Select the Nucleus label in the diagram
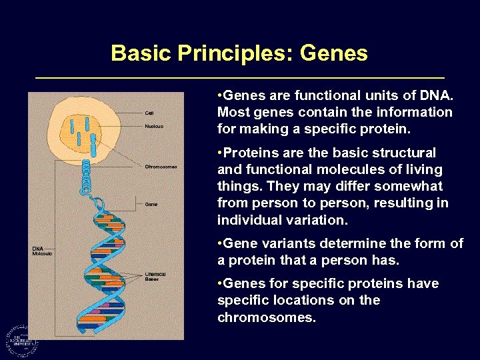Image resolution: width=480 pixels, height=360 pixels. [154, 126]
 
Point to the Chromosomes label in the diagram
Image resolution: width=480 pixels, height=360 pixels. [161, 167]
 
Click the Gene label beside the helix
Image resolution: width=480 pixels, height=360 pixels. [151, 204]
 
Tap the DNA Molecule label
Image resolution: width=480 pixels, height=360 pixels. [42, 251]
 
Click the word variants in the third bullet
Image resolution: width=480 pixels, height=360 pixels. [282, 244]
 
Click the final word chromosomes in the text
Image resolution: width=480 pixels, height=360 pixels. [265, 317]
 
